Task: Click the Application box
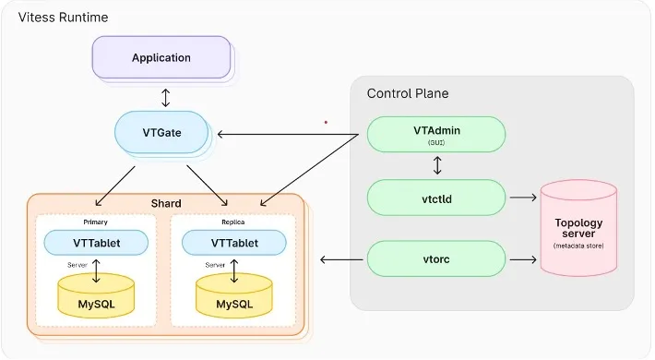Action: tap(161, 57)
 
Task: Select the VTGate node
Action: tap(161, 133)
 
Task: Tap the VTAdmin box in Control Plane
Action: tap(436, 135)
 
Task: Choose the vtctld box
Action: tap(436, 198)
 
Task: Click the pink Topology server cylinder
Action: tap(578, 228)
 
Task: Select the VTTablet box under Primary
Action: tap(96, 243)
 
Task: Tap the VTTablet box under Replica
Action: tap(233, 243)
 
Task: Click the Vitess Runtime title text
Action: tap(53, 18)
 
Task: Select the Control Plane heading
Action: tap(408, 93)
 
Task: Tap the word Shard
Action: tap(165, 203)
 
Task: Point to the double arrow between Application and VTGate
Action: tap(164, 96)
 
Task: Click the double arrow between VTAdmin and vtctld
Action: tap(437, 166)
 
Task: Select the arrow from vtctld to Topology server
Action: tap(523, 198)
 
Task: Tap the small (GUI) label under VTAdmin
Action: tap(436, 144)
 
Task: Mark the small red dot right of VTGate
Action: tap(325, 121)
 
